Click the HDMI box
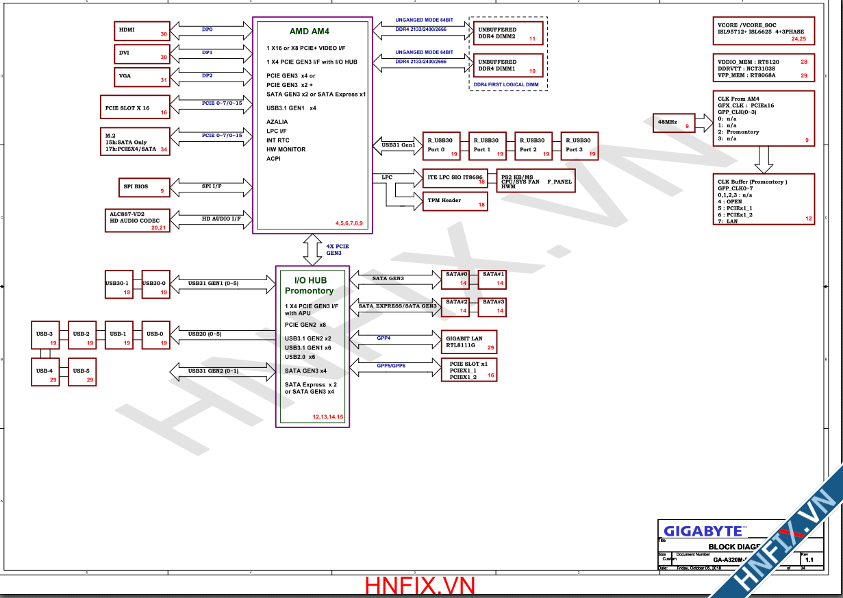(142, 31)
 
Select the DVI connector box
(142, 53)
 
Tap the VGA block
(142, 76)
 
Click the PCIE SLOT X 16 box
(134, 108)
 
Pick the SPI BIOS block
(142, 187)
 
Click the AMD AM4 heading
(309, 32)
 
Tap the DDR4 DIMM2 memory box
(508, 33)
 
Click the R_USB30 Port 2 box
(533, 145)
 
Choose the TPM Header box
(453, 201)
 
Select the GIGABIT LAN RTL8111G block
(469, 342)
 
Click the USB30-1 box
(118, 284)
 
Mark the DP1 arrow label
(207, 53)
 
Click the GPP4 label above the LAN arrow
(383, 338)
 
